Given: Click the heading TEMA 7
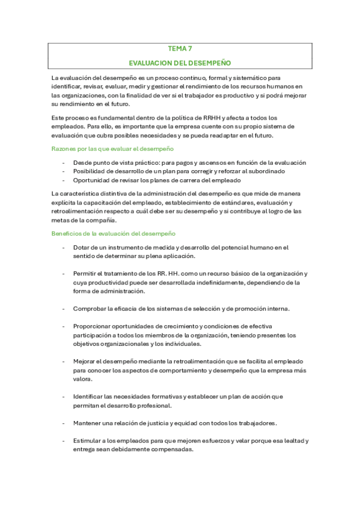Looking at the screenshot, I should (x=180, y=50).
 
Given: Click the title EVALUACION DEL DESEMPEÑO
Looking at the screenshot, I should (x=180, y=63).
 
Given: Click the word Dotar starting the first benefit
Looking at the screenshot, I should (x=82, y=247).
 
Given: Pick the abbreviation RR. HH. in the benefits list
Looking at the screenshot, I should (x=174, y=274).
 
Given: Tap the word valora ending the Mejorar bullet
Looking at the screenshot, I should (x=82, y=379).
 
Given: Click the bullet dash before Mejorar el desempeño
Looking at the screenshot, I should (x=64, y=361).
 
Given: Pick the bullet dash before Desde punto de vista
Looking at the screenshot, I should (x=64, y=163).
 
